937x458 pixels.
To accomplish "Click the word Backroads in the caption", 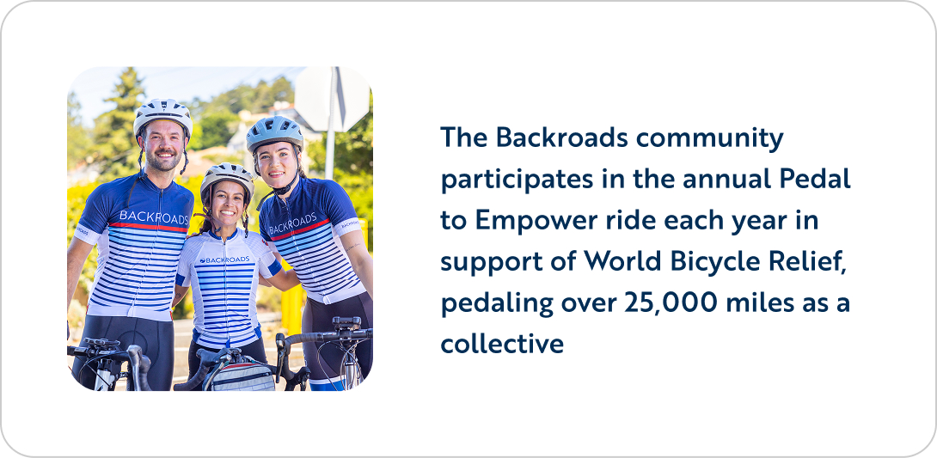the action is [561, 138].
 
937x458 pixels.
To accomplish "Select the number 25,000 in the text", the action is [671, 302].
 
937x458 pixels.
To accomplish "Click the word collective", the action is [502, 344].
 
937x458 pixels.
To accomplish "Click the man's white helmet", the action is [162, 114].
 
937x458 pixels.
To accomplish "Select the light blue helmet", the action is [274, 132].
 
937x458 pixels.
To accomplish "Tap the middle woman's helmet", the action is [227, 178].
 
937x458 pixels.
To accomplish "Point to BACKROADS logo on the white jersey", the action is [224, 260].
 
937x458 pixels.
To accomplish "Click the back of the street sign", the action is [333, 99].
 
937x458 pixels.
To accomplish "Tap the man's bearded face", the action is [163, 148].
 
